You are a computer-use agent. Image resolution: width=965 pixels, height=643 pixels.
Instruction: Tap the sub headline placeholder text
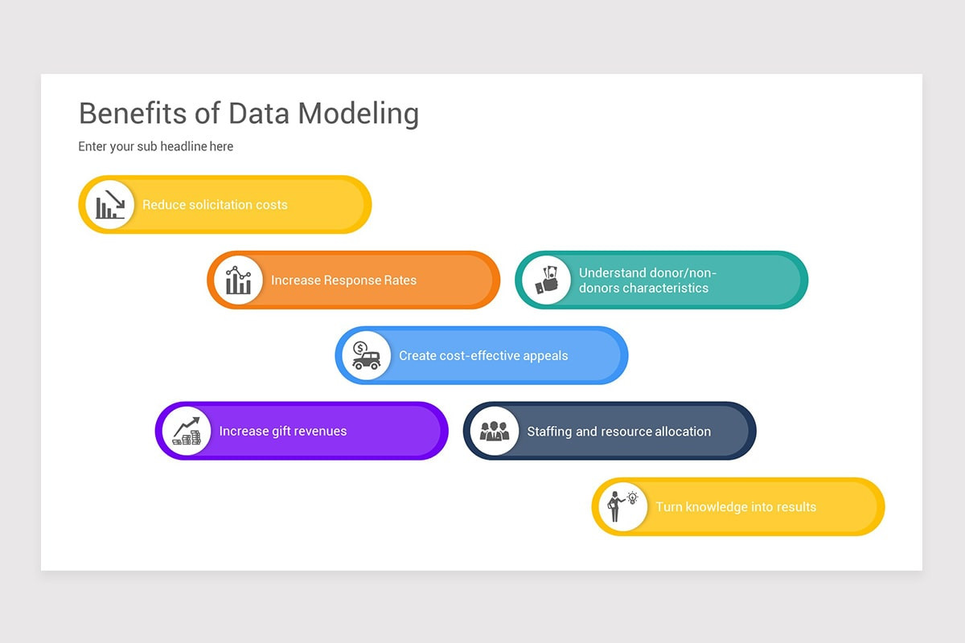coord(155,146)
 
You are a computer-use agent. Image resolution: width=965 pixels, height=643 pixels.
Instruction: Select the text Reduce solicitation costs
coord(215,205)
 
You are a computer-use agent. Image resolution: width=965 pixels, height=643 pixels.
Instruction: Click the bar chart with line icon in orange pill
coord(238,281)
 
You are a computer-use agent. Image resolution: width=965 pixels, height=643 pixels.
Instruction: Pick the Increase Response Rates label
coord(343,281)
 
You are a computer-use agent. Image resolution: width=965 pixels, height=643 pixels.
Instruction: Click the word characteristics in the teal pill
coord(643,288)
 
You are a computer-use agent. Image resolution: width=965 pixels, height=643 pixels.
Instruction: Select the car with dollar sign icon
coord(366,355)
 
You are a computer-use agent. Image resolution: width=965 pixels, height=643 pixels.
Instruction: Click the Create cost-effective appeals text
coord(483,355)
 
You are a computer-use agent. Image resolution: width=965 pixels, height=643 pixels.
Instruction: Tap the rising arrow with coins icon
coord(187,431)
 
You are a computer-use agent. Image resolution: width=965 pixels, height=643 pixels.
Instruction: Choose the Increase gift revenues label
coord(283,431)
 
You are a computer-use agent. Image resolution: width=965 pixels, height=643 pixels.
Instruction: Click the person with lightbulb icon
coord(622,506)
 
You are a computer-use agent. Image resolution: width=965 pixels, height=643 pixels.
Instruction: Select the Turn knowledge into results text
coord(736,506)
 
